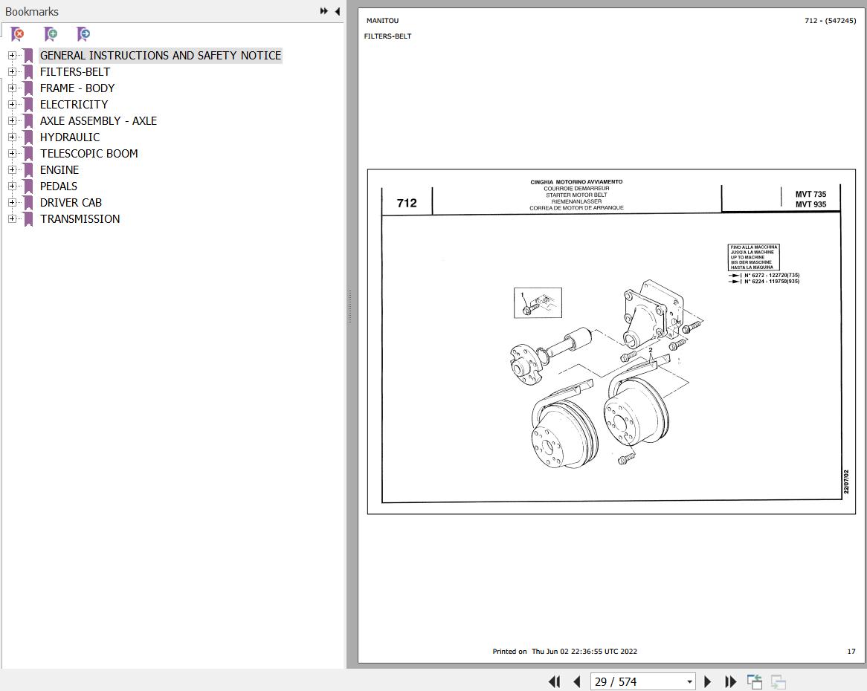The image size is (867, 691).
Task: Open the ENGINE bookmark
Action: click(x=59, y=169)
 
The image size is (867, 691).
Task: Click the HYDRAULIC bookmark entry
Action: click(x=70, y=137)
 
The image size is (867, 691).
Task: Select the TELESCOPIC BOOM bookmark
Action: click(x=88, y=154)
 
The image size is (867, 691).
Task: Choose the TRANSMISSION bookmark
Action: click(x=80, y=218)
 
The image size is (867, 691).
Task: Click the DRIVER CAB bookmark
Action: click(x=71, y=203)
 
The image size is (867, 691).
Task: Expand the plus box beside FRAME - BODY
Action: click(x=12, y=88)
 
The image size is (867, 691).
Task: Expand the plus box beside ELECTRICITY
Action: click(x=12, y=105)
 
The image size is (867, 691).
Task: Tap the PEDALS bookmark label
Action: click(x=59, y=186)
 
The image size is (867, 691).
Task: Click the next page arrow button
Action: click(x=707, y=681)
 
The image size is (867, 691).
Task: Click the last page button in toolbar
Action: click(x=730, y=681)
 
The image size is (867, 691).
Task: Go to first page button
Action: click(x=554, y=681)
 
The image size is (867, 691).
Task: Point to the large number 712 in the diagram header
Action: click(x=407, y=204)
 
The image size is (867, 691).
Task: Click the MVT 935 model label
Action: click(x=810, y=204)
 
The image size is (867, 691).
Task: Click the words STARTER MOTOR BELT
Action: click(x=576, y=195)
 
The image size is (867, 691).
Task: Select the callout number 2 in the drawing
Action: click(x=650, y=350)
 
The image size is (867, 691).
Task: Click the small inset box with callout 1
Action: click(x=538, y=302)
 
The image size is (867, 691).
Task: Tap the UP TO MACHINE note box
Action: click(x=754, y=257)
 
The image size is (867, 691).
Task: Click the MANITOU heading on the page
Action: click(x=383, y=21)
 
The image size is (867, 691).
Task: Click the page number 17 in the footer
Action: click(x=851, y=651)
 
